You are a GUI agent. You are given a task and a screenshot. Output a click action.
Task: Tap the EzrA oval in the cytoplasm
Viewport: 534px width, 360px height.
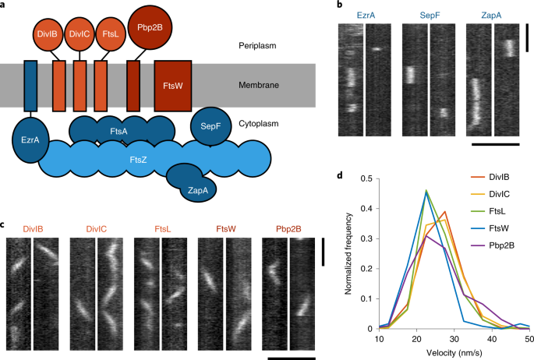(32, 140)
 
